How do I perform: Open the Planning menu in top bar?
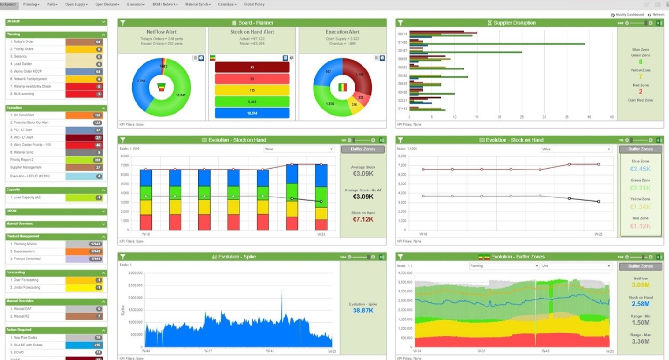click(31, 4)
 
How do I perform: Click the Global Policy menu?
click(254, 4)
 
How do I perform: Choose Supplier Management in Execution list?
click(26, 167)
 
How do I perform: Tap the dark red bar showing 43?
click(252, 68)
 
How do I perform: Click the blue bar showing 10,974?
click(252, 113)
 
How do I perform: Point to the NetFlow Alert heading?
click(161, 32)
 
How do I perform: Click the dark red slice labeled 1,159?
click(360, 75)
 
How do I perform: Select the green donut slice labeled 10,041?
click(180, 95)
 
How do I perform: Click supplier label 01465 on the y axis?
click(402, 42)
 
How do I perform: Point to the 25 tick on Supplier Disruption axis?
click(521, 117)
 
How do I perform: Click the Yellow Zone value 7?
click(640, 77)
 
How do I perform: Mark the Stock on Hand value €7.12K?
click(363, 219)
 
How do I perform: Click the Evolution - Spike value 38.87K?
click(363, 311)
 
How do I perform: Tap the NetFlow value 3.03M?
click(641, 285)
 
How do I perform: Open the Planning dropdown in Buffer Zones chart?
click(504, 266)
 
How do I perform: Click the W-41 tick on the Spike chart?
click(270, 351)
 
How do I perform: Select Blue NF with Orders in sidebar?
click(26, 345)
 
